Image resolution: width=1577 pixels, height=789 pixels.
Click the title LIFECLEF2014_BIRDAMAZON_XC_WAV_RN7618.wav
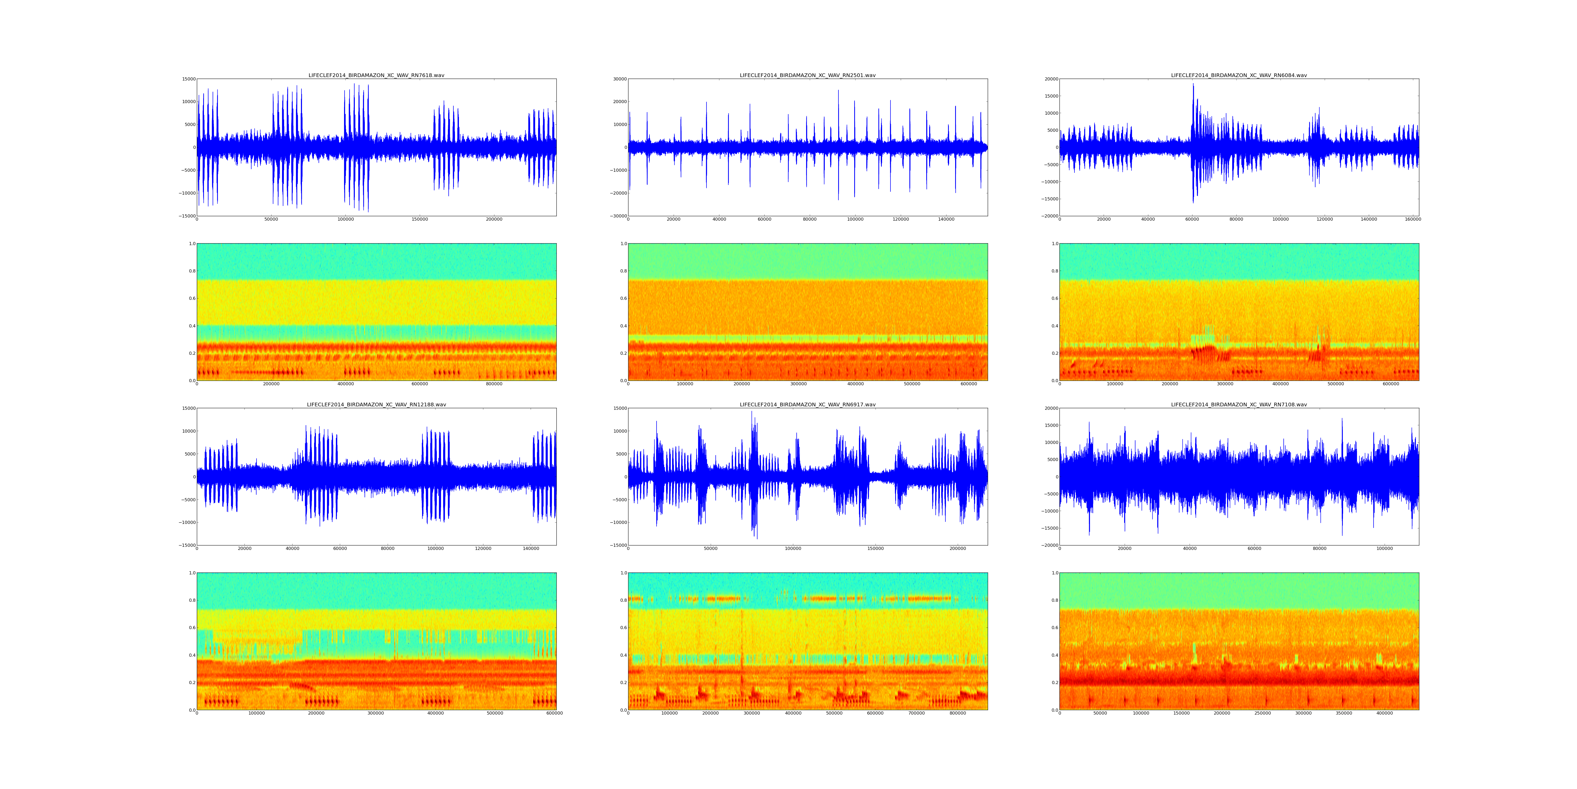point(376,75)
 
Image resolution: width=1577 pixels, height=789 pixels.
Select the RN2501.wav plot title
point(807,75)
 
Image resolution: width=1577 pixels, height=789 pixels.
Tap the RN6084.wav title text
point(1238,75)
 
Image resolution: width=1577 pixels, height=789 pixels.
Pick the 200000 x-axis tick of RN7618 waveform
point(494,219)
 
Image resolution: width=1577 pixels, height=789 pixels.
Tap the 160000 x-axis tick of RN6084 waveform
point(1412,219)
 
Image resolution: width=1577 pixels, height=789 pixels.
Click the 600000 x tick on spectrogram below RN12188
point(555,713)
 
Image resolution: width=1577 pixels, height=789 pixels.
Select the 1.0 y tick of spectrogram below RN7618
point(192,244)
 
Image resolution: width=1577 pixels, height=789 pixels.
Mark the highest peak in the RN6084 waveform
point(1192,84)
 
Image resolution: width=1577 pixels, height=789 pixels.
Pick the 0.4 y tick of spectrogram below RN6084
point(1054,326)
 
